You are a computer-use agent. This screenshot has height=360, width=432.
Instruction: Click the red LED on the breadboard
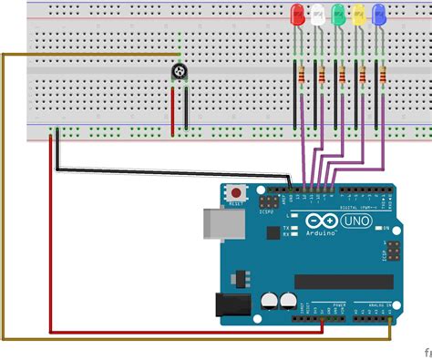tap(296, 15)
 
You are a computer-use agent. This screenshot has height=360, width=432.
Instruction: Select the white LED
tap(317, 15)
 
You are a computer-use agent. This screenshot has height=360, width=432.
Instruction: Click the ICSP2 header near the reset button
tap(268, 201)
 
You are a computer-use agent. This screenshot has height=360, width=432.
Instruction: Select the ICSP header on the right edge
tap(394, 252)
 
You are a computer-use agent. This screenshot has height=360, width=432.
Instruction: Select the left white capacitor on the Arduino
tap(269, 300)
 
